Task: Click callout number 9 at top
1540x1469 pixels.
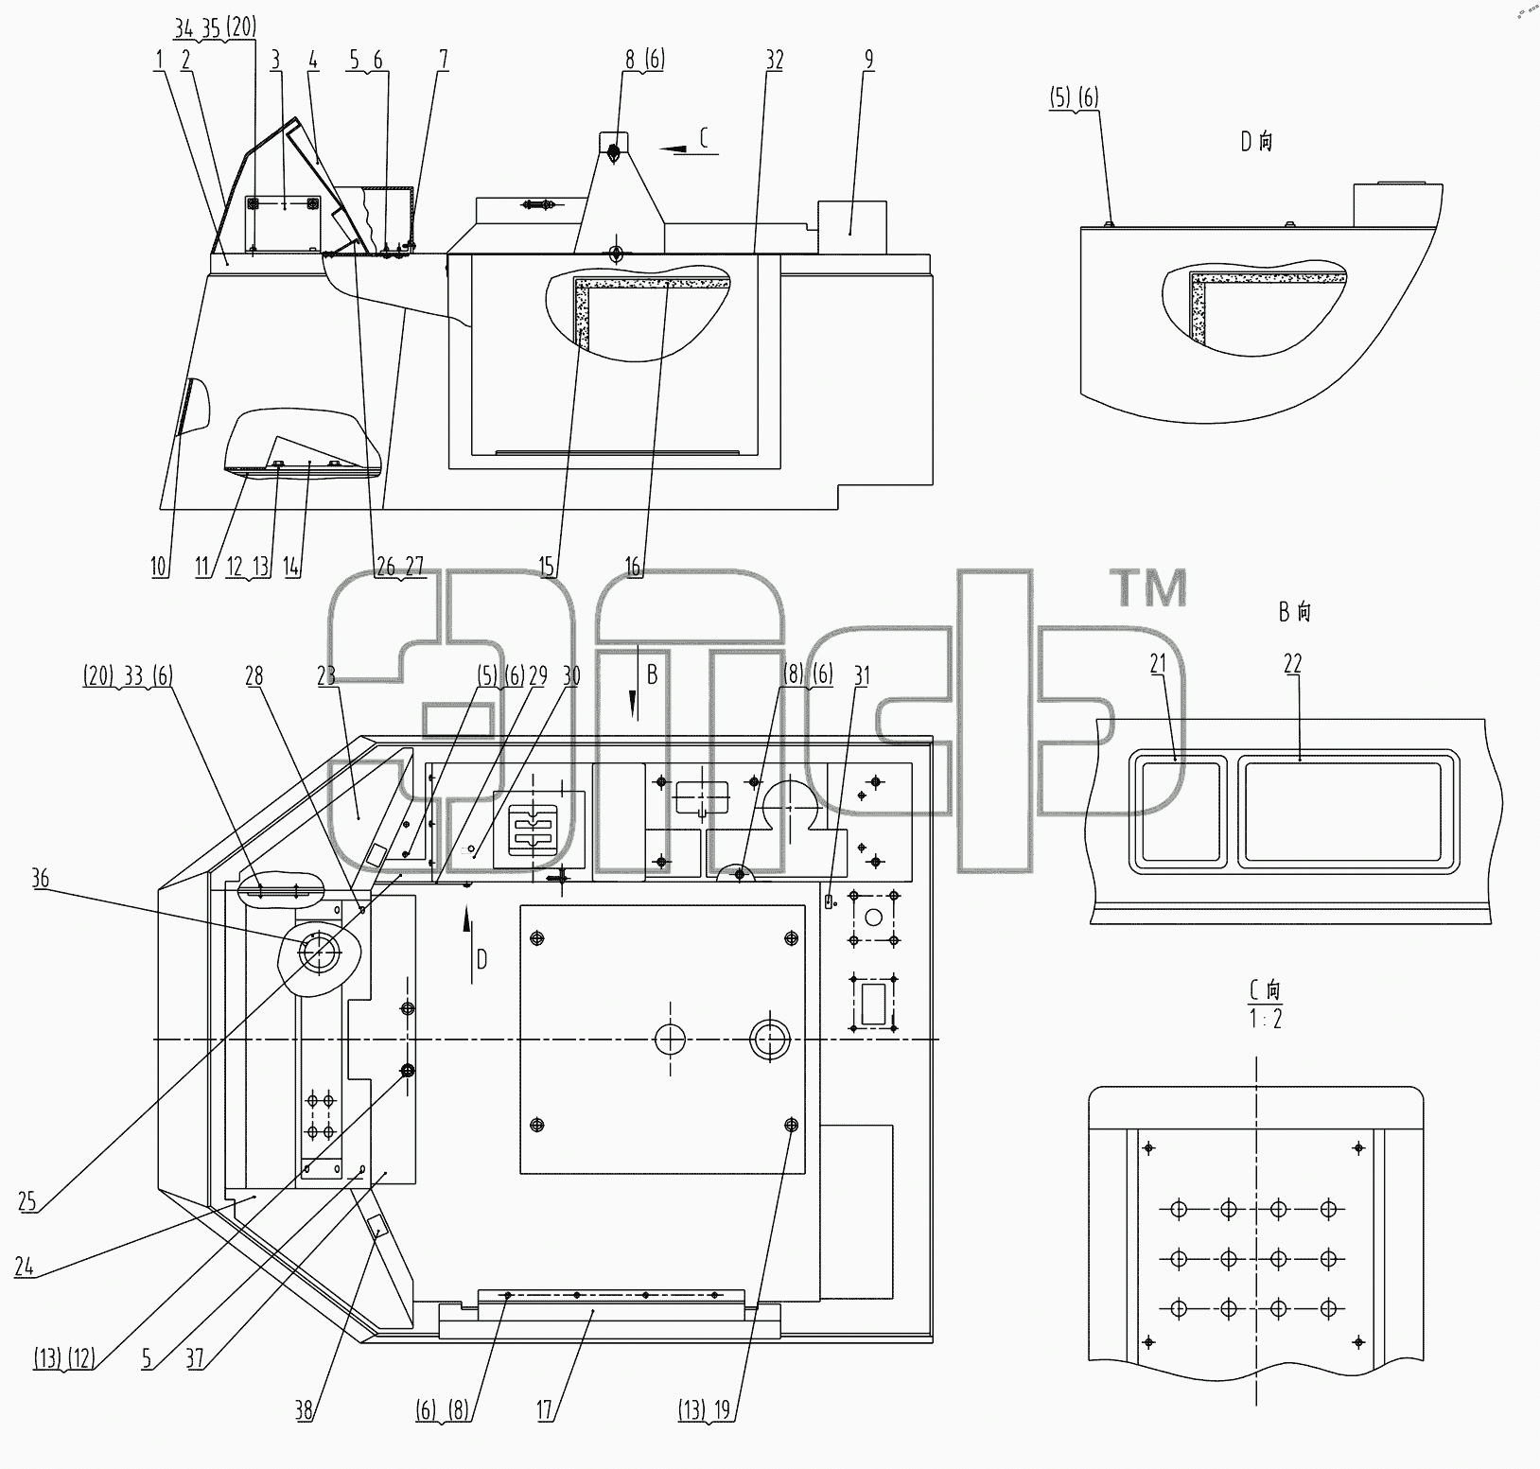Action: click(868, 60)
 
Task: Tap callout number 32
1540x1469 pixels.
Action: click(774, 60)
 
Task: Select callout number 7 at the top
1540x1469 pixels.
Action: click(444, 60)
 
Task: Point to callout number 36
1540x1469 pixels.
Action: click(40, 879)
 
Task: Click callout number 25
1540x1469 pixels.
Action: click(26, 1201)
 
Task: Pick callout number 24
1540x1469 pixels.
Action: click(24, 1266)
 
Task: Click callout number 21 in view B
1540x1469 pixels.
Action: click(1158, 665)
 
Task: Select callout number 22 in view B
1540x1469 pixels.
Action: click(1292, 664)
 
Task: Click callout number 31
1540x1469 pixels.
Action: click(862, 675)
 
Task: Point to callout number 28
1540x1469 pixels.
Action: click(254, 675)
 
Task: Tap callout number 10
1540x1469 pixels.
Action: click(159, 567)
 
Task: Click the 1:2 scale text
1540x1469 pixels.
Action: click(1266, 1020)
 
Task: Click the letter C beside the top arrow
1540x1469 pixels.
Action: click(704, 138)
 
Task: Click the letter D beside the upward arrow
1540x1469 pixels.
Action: click(481, 960)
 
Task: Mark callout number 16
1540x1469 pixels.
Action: click(633, 567)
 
